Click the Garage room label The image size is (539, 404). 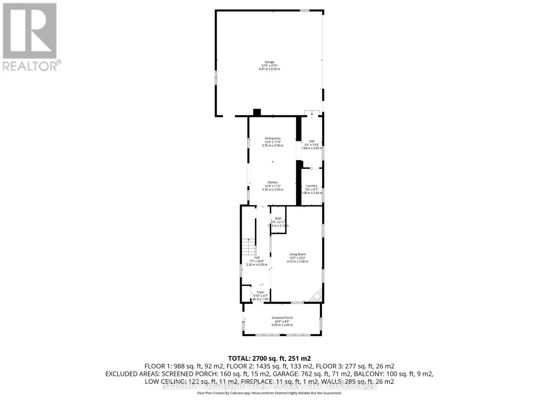[269, 62]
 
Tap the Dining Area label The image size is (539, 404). [273, 138]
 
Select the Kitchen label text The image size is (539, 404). [273, 182]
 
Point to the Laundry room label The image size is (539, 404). [312, 186]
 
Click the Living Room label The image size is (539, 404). [297, 255]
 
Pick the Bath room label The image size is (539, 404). [278, 218]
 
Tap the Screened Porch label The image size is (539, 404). [282, 318]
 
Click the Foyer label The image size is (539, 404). [260, 292]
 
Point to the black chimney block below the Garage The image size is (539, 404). [257, 112]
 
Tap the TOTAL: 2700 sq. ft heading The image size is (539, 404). [269, 358]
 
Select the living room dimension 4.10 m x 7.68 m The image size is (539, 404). [297, 262]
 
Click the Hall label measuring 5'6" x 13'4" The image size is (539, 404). [312, 141]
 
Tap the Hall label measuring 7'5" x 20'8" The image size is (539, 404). [257, 258]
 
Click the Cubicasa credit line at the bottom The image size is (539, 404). [269, 393]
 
